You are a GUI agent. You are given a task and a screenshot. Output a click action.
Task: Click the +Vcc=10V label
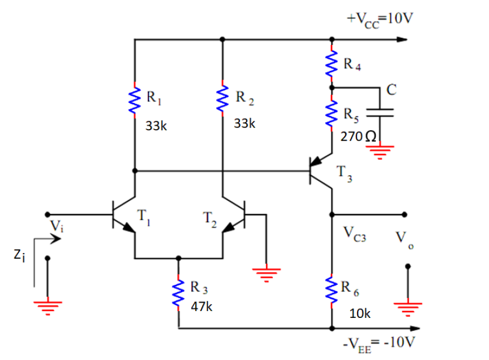[x=380, y=18]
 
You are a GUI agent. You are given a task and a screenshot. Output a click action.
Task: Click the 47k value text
[x=201, y=307]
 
